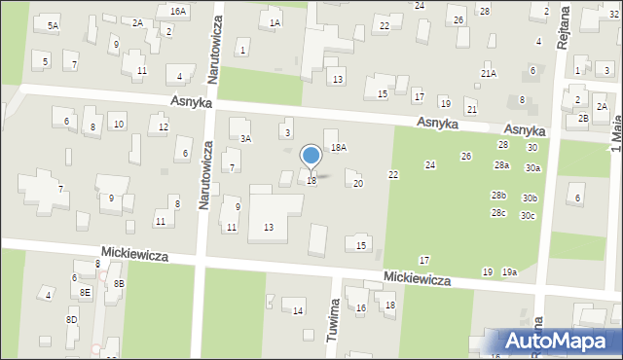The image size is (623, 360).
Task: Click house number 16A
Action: click(177, 10)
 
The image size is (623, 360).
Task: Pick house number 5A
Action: click(52, 25)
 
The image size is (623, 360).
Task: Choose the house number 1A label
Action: click(275, 21)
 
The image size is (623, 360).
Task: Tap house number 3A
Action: click(246, 139)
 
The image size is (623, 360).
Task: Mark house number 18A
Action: click(338, 147)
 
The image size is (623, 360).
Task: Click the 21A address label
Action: click(488, 73)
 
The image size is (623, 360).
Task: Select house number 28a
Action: click(501, 165)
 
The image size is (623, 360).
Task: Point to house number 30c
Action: click(528, 215)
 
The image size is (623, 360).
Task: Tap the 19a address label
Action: click(509, 272)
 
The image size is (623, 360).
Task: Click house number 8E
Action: click(86, 291)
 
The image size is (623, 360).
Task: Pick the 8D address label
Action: click(71, 319)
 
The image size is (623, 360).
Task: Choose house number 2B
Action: click(583, 119)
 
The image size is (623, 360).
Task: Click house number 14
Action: click(299, 310)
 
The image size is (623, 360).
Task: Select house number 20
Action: click(358, 184)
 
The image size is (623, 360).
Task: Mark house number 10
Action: click(118, 124)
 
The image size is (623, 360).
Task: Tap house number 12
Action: click(164, 127)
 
